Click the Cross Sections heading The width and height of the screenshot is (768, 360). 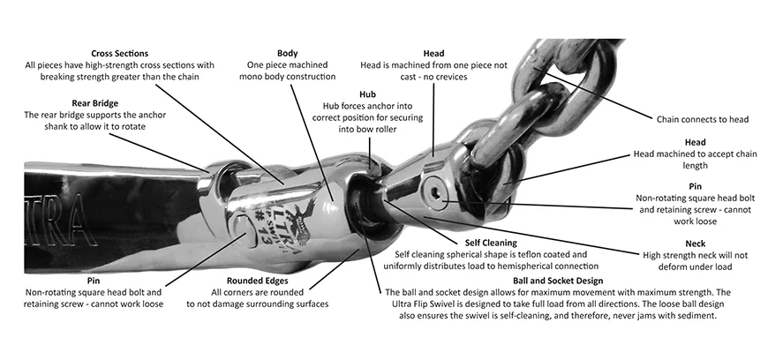tap(119, 52)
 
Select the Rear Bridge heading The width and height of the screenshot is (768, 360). tap(94, 102)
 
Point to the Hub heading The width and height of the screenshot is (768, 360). tap(367, 94)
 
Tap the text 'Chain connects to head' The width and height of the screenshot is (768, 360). tap(703, 118)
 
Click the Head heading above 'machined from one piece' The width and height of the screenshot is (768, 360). tap(433, 52)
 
